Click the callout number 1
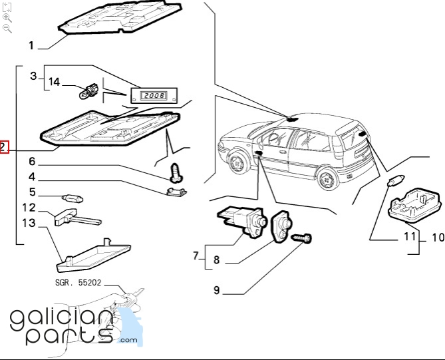tap(31, 45)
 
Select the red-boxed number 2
tap(3, 147)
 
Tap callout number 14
tap(54, 82)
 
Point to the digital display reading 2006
tap(154, 95)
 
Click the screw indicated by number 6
tap(176, 172)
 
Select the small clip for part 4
tap(176, 191)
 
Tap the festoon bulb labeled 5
tap(73, 198)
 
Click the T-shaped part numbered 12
tap(77, 217)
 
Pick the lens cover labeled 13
tap(94, 256)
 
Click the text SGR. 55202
tap(78, 283)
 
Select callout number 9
tap(217, 290)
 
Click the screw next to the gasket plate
tap(302, 238)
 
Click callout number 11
tap(410, 236)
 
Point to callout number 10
tap(438, 238)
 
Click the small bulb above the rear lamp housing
tap(394, 180)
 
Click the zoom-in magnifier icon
tap(7, 18)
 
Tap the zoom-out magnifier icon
tap(7, 29)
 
